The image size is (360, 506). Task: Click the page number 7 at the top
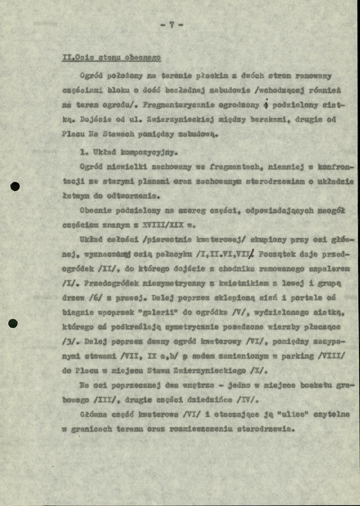pyautogui.click(x=172, y=24)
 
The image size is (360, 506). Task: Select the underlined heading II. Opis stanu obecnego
pyautogui.click(x=111, y=58)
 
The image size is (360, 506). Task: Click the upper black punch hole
pyautogui.click(x=15, y=186)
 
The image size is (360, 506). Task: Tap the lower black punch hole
pyautogui.click(x=13, y=323)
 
